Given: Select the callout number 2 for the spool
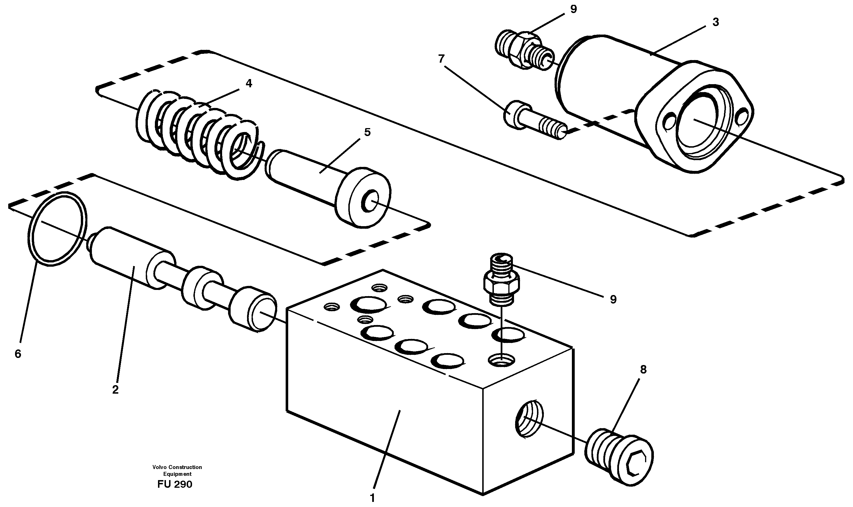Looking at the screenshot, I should pyautogui.click(x=115, y=389).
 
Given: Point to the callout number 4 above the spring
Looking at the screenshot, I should pyautogui.click(x=248, y=83).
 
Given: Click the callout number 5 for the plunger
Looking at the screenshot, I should pyautogui.click(x=367, y=132).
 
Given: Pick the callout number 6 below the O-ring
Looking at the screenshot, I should pyautogui.click(x=18, y=354).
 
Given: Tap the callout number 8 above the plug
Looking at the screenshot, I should pyautogui.click(x=643, y=369).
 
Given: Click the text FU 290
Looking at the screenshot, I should pyautogui.click(x=175, y=484).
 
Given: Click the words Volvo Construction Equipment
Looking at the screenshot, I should pyautogui.click(x=177, y=470).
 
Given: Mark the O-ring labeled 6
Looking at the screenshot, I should pyautogui.click(x=57, y=229).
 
